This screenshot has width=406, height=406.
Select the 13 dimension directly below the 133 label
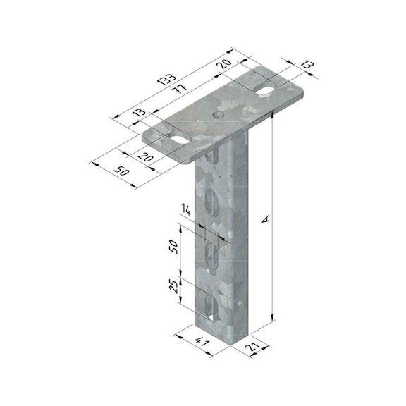pyautogui.click(x=137, y=112)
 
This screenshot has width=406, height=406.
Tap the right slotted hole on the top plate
pyautogui.click(x=266, y=90)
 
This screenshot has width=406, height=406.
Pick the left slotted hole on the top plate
pyautogui.click(x=178, y=138)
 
